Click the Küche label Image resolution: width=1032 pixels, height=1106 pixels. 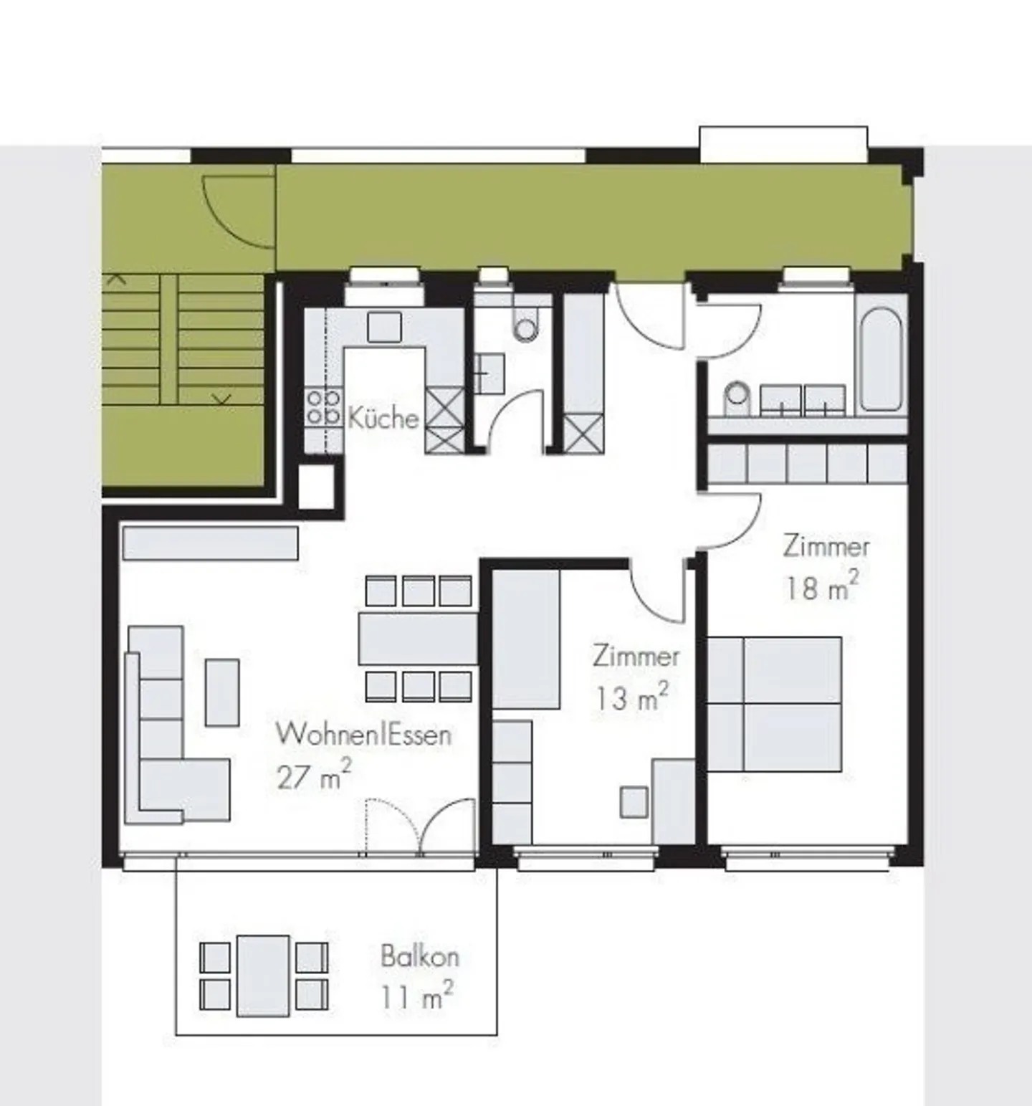click(383, 417)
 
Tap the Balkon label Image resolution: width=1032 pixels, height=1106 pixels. click(419, 956)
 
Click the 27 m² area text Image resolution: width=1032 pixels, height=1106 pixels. click(314, 776)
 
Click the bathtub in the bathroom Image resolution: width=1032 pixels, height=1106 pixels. click(879, 359)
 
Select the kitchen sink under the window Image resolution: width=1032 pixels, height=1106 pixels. click(384, 327)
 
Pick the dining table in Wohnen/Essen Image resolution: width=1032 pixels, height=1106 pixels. click(418, 638)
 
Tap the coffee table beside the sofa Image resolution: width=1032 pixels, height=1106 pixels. click(222, 692)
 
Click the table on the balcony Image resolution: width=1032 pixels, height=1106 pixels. click(263, 975)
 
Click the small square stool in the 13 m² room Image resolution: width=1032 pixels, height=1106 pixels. click(634, 801)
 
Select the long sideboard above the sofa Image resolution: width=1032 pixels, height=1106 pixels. click(210, 543)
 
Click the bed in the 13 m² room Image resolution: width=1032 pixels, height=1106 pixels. click(526, 639)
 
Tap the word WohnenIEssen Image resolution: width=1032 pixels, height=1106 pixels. click(363, 735)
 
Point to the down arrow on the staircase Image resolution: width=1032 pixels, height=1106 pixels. click(222, 398)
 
